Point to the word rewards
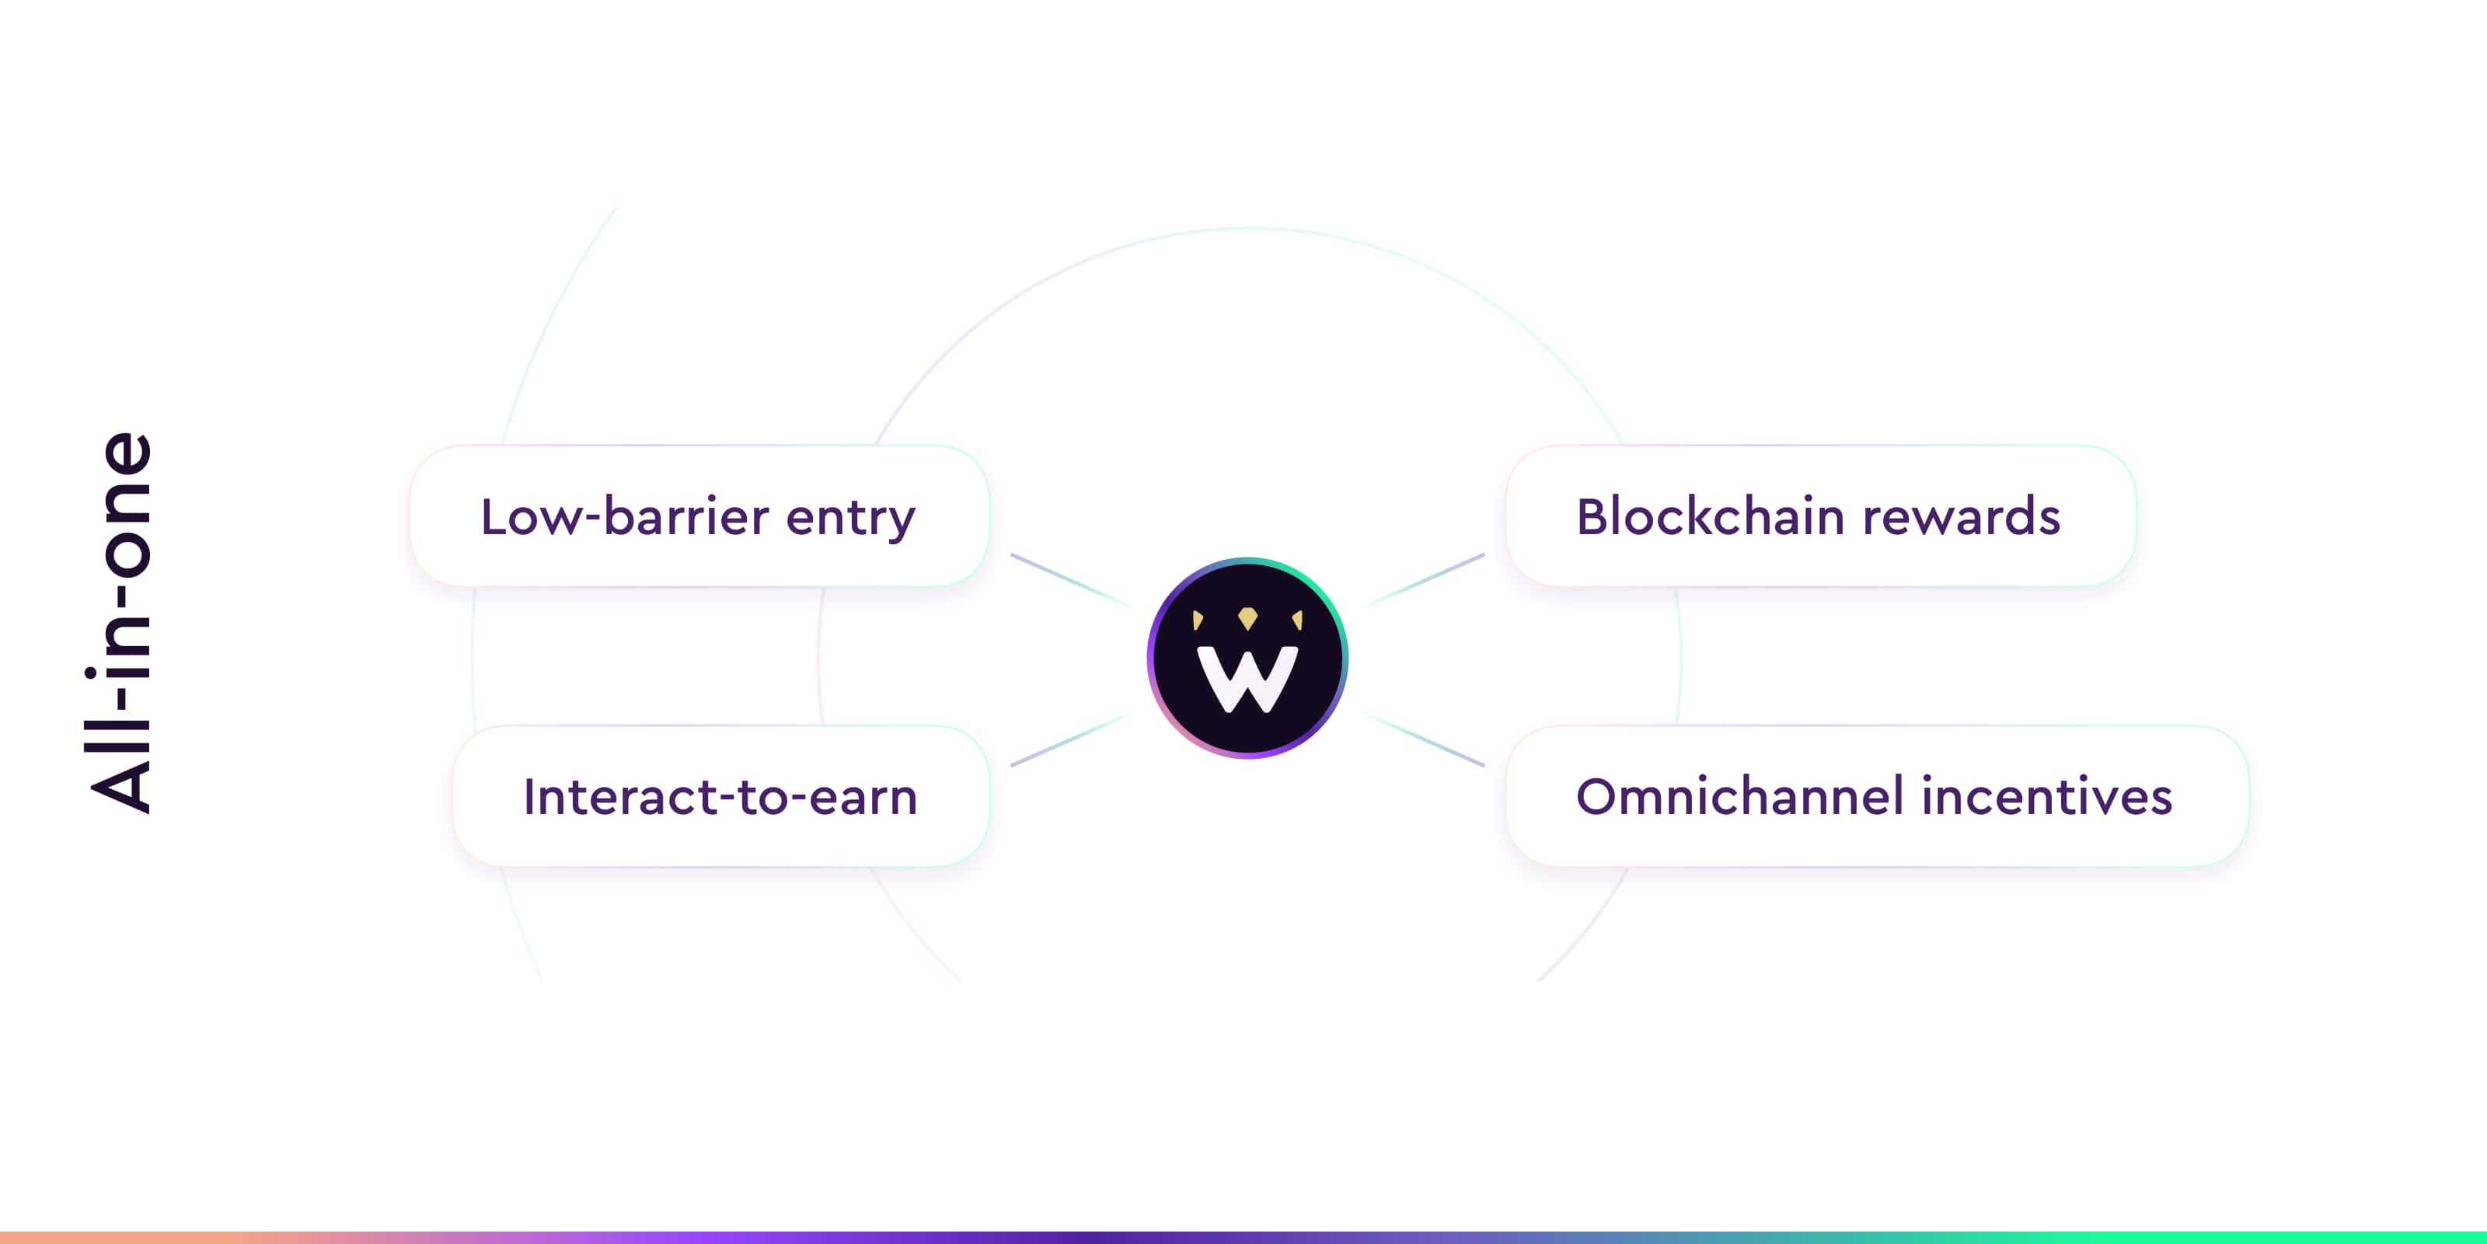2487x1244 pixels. click(x=1961, y=518)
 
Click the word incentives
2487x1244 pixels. click(x=2047, y=797)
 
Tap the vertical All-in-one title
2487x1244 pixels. click(x=120, y=623)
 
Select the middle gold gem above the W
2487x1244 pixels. click(x=1247, y=618)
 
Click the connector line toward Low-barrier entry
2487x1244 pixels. click(x=1071, y=581)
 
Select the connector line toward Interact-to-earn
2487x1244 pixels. click(x=1071, y=739)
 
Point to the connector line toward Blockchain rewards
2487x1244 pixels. click(x=1423, y=581)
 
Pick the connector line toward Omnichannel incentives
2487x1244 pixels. click(x=1423, y=739)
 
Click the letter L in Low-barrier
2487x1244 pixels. click(x=494, y=517)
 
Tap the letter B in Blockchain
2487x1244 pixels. click(x=1593, y=517)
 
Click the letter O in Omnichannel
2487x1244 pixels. click(x=1598, y=797)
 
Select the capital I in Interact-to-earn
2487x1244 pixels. click(x=529, y=797)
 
